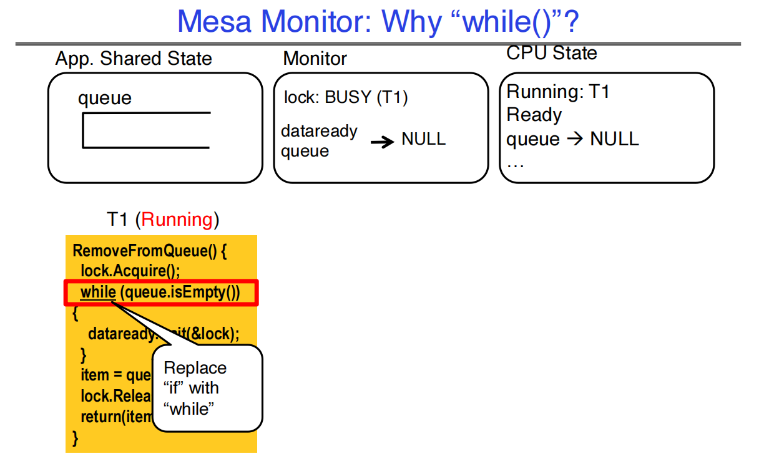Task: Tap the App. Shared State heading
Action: tap(134, 59)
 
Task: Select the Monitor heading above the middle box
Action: tap(315, 59)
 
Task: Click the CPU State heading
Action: tap(551, 53)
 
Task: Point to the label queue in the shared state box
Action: tap(105, 99)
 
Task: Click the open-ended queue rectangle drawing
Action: tap(145, 130)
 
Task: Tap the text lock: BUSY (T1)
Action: tap(346, 98)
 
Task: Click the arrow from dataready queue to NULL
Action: tap(382, 142)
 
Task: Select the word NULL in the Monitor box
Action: tap(423, 139)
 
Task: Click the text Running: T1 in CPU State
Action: tap(558, 92)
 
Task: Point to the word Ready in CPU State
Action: tap(534, 115)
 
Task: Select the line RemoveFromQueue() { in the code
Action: tap(150, 251)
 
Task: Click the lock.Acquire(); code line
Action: tap(130, 272)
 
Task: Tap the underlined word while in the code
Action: tap(98, 292)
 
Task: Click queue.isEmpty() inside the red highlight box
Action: tap(180, 292)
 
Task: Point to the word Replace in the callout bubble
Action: tap(195, 368)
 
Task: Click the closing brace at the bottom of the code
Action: tap(76, 438)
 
